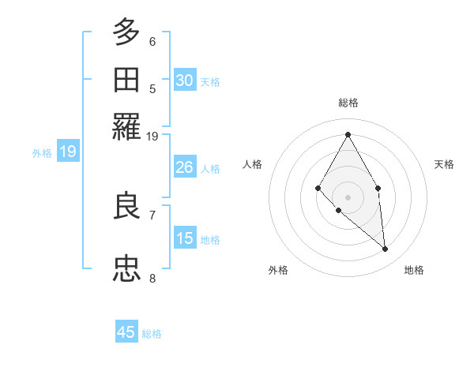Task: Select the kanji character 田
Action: click(x=126, y=80)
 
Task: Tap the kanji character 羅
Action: click(x=126, y=126)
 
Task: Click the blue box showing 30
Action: click(x=185, y=81)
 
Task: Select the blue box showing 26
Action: click(x=185, y=167)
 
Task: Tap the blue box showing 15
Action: click(x=185, y=238)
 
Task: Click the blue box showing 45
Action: click(x=126, y=332)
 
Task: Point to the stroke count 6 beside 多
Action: click(x=152, y=41)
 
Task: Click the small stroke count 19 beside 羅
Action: click(x=152, y=137)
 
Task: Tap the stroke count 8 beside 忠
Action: click(x=152, y=278)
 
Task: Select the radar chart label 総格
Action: click(x=348, y=103)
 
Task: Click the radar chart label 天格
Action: click(x=444, y=164)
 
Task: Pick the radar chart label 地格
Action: click(x=414, y=270)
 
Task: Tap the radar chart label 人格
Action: click(x=253, y=164)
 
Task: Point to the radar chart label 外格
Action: click(x=278, y=270)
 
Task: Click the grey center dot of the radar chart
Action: click(x=348, y=197)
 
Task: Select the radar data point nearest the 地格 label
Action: click(x=386, y=249)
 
